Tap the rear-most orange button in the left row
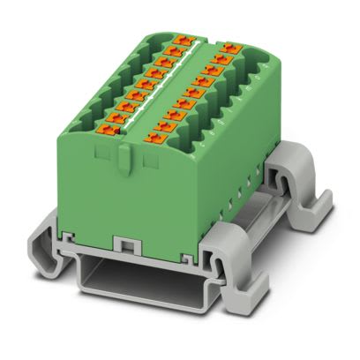[x=184, y=40]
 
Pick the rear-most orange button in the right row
[x=232, y=45]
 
